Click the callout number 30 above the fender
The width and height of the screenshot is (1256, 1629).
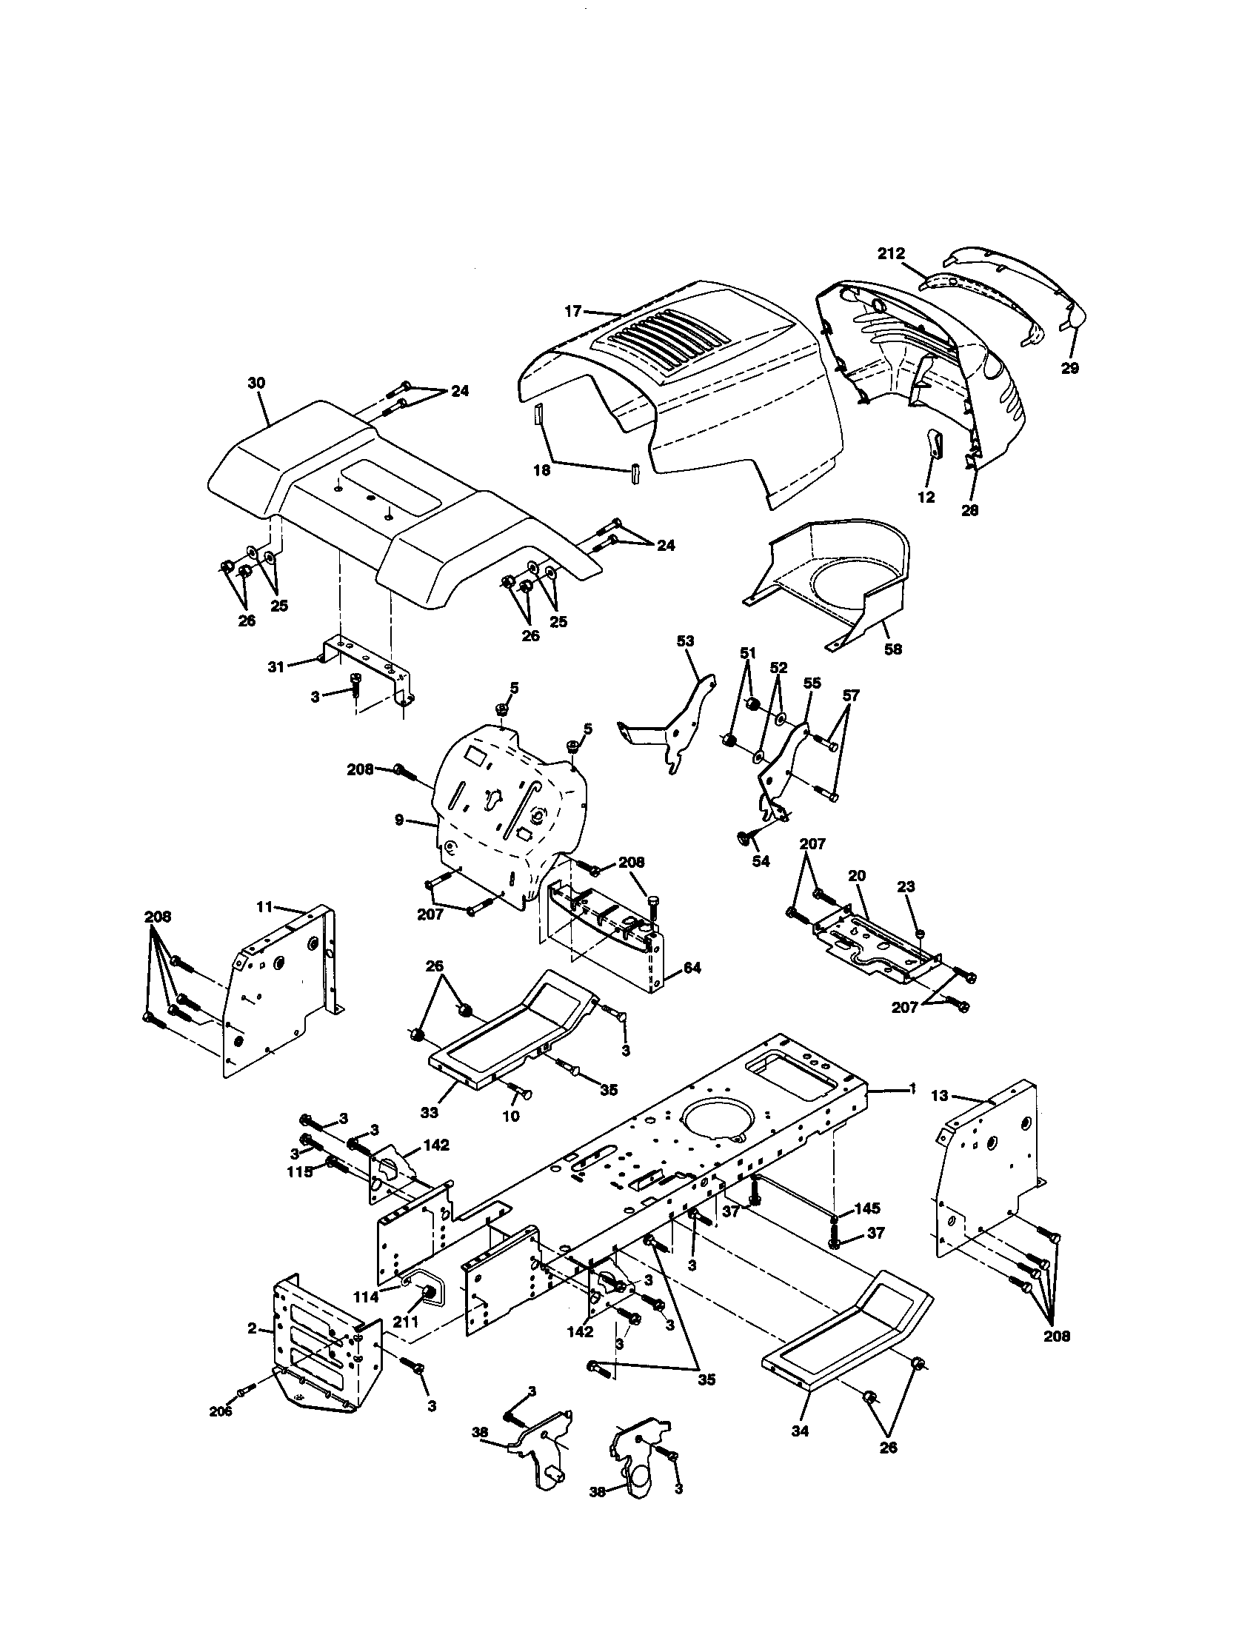(x=255, y=383)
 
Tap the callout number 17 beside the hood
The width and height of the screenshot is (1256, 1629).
(x=572, y=312)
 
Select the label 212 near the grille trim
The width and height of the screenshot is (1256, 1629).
(x=891, y=253)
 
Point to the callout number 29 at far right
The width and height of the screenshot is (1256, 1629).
(x=1069, y=369)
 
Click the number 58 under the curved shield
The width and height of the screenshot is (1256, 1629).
(x=893, y=649)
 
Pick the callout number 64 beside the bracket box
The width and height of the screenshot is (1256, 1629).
(x=692, y=969)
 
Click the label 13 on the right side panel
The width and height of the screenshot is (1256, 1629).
(x=940, y=1096)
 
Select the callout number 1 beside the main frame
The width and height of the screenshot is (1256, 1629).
(x=912, y=1088)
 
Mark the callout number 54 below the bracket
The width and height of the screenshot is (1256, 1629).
(x=761, y=861)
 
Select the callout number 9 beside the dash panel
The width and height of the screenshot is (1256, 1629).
(x=399, y=820)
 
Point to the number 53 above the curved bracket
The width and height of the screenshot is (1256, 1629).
(x=685, y=641)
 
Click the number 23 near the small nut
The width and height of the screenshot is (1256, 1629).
(x=906, y=887)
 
